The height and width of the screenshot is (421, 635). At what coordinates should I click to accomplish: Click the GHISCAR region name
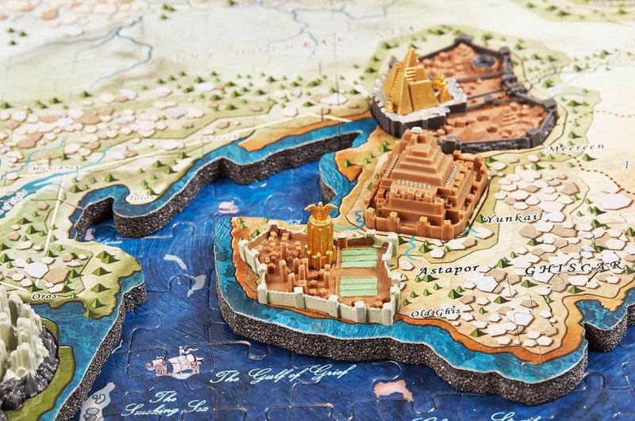click(x=571, y=268)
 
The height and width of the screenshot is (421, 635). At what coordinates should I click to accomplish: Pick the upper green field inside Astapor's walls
click(x=359, y=257)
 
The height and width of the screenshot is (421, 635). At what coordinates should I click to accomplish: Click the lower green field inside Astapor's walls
click(x=359, y=286)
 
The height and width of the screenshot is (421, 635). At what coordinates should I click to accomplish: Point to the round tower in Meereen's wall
click(x=483, y=60)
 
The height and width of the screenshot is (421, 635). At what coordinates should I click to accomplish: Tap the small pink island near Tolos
click(x=229, y=208)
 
